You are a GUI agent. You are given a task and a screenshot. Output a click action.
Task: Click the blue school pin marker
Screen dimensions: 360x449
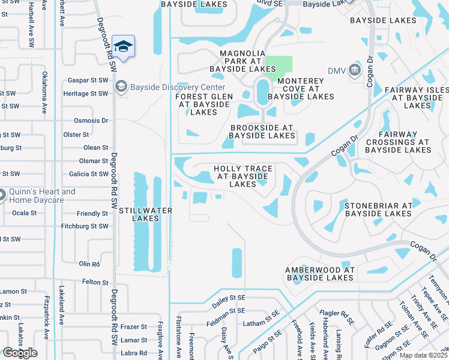click(123, 47)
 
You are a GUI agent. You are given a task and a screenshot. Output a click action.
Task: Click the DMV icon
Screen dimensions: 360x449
click(354, 71)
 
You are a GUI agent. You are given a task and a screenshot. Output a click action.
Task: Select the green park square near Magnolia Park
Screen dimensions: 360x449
click(279, 68)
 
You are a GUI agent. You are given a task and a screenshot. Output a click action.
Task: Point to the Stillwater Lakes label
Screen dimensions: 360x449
click(145, 214)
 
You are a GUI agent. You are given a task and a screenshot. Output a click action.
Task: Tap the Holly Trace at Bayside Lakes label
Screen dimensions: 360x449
click(243, 176)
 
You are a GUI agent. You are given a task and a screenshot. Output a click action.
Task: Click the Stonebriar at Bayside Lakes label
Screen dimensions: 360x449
click(378, 209)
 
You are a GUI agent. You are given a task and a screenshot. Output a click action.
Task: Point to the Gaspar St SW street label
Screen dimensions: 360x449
click(88, 80)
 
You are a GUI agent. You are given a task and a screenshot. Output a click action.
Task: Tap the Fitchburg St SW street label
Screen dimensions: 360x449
click(85, 226)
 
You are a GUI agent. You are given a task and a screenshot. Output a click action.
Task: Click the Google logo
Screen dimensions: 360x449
click(19, 353)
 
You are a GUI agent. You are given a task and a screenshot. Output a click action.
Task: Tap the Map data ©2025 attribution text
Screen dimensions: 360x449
click(423, 355)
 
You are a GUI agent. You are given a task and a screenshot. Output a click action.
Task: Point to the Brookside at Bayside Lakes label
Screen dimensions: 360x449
click(262, 131)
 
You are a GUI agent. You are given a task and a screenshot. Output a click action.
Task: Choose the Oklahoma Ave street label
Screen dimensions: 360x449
click(44, 93)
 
